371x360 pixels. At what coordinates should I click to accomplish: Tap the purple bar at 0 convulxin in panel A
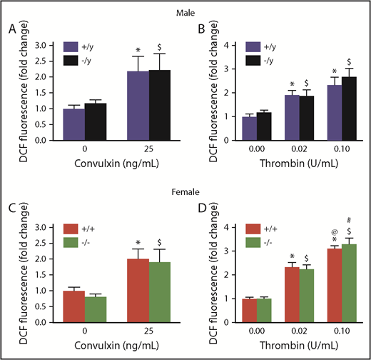73,125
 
